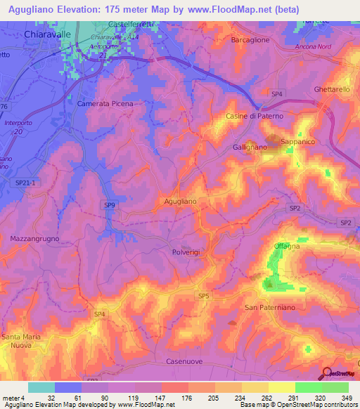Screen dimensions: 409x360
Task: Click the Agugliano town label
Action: [180, 201]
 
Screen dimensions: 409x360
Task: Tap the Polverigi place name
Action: [186, 251]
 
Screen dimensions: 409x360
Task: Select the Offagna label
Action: [287, 246]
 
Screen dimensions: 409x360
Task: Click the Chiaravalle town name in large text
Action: [48, 33]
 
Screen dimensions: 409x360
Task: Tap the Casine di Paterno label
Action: [254, 115]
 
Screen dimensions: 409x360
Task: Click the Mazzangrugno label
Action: [35, 239]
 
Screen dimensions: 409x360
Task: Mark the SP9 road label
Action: [109, 205]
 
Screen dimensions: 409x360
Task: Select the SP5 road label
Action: [203, 297]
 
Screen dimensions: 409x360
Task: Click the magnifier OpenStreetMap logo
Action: [328, 373]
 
